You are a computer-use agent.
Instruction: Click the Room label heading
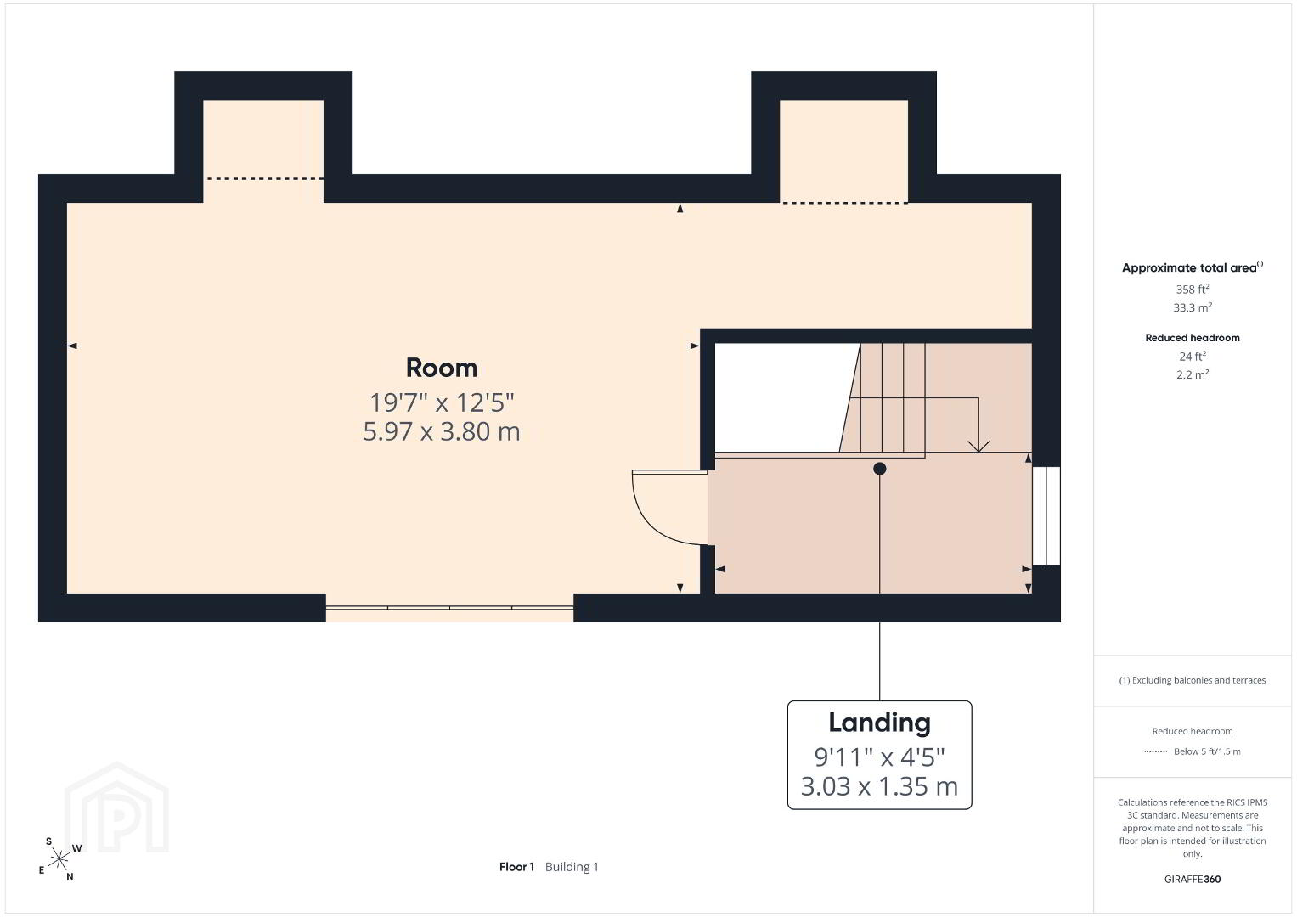tap(441, 368)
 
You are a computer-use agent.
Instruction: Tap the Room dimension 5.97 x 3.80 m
tap(441, 431)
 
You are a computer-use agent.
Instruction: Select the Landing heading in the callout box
tap(879, 723)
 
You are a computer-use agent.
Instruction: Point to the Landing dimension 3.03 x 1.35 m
tap(879, 786)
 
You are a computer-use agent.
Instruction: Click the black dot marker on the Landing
tap(879, 469)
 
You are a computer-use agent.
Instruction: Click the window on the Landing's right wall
tap(1046, 516)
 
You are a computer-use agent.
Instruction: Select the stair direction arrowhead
tap(978, 447)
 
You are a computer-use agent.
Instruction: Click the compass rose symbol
tap(59, 859)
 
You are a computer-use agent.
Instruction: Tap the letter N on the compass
tap(70, 877)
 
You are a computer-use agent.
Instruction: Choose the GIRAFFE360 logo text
tap(1193, 880)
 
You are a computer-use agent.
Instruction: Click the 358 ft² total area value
tap(1193, 289)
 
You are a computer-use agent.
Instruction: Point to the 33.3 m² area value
tap(1193, 307)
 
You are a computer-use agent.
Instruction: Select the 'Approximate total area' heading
tap(1193, 267)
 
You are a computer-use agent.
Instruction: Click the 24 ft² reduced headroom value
tap(1193, 356)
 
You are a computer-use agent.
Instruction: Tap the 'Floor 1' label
tap(516, 867)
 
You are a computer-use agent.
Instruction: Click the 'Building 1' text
tap(572, 867)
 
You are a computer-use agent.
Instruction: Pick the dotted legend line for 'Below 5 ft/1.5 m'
tap(1156, 752)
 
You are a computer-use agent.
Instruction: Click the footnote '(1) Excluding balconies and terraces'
tap(1193, 680)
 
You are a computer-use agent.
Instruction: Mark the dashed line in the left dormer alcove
tap(265, 179)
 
